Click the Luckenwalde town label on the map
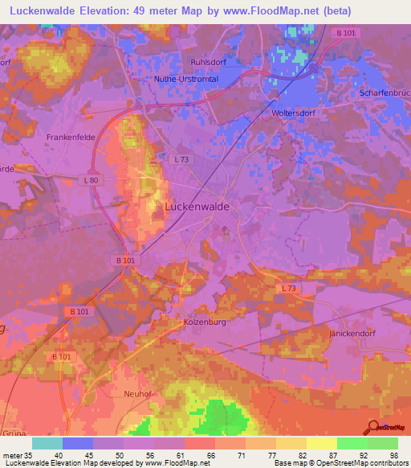(x=197, y=206)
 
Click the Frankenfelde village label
(x=71, y=138)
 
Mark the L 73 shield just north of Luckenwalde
(x=181, y=160)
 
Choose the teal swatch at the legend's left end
(x=47, y=443)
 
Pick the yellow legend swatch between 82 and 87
(x=321, y=443)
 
